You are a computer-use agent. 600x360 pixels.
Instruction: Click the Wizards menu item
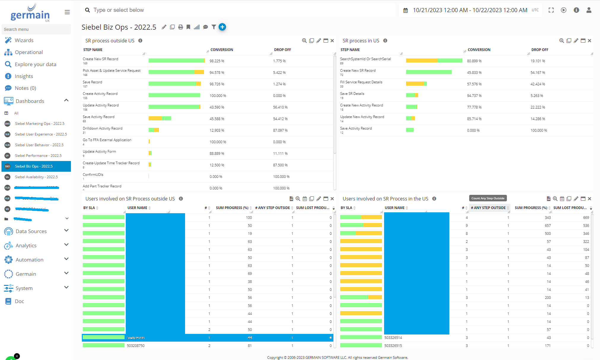click(x=24, y=40)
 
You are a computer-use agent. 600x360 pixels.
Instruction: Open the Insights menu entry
click(x=24, y=76)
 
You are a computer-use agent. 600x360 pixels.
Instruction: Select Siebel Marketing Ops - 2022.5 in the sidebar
click(x=39, y=124)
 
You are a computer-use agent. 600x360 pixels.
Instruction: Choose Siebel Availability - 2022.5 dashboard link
click(x=36, y=177)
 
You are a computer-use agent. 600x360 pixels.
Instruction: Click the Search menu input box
click(x=36, y=29)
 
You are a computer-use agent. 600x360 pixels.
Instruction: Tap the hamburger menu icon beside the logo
click(x=67, y=12)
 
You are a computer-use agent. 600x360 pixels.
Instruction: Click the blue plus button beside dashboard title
click(x=222, y=27)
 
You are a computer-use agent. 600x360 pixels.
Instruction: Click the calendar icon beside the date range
click(x=405, y=10)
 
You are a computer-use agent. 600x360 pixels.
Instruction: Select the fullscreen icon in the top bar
click(x=551, y=10)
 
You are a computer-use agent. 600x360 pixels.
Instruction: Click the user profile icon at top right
click(x=589, y=10)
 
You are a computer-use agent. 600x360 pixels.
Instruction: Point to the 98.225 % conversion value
click(x=217, y=61)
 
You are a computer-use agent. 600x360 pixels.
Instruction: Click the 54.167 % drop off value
click(x=538, y=73)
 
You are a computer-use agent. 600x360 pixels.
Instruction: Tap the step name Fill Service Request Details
click(x=361, y=82)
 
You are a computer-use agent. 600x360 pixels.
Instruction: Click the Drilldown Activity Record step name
click(x=102, y=128)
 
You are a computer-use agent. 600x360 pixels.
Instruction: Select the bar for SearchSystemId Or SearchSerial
click(x=434, y=61)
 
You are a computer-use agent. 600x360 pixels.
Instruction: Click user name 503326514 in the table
click(x=393, y=338)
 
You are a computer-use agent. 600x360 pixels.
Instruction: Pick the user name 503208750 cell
click(x=136, y=346)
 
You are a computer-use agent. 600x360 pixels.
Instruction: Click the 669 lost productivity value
click(x=586, y=218)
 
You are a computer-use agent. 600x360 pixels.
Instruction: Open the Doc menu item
click(x=19, y=301)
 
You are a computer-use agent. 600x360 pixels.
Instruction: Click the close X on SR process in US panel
click(x=589, y=41)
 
